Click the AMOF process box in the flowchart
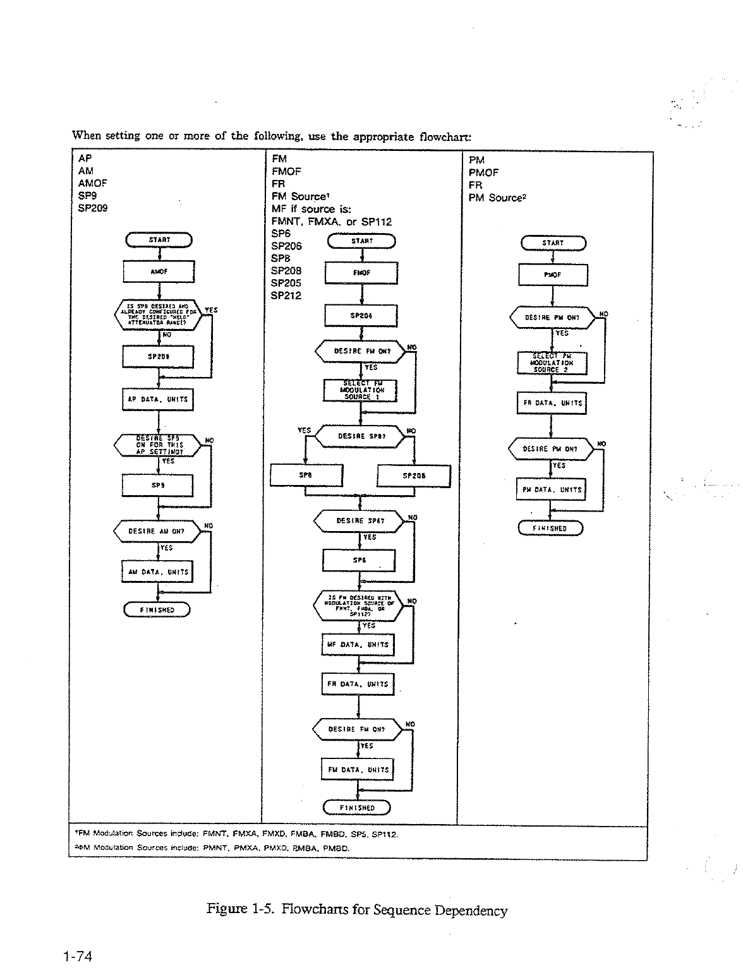(159, 272)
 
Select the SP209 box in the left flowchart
(158, 356)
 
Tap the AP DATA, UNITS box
(158, 399)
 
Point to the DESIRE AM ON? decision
(157, 532)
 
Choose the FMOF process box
(361, 273)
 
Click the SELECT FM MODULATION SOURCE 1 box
(360, 390)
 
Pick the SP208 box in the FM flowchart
(414, 476)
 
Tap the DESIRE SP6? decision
(358, 521)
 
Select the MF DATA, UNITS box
(358, 645)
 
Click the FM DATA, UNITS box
(358, 770)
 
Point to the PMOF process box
(553, 275)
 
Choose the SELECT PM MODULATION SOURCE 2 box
(552, 363)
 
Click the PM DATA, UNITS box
(550, 489)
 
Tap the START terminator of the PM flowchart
(553, 243)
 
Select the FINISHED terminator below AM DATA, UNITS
(157, 610)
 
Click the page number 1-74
(78, 957)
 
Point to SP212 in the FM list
(286, 296)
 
